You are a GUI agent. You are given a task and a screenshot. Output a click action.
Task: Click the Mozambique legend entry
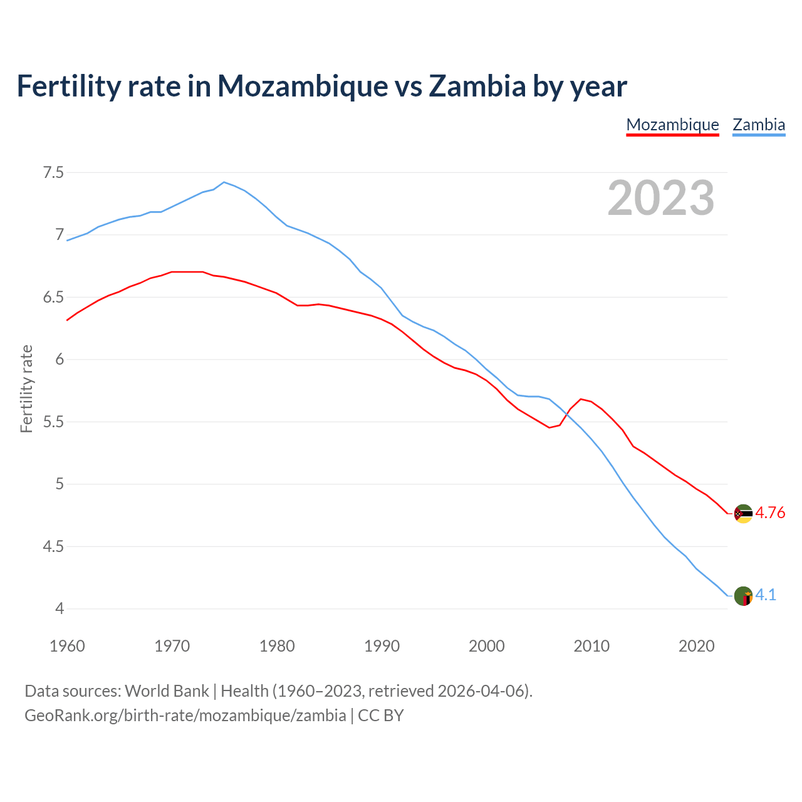(672, 125)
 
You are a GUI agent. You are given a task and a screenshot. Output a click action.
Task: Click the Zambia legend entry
(759, 125)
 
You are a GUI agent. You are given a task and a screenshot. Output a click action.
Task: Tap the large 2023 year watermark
(661, 198)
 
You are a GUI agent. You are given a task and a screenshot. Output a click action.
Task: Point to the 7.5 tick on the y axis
(53, 172)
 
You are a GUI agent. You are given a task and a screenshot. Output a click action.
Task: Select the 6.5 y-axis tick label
(53, 297)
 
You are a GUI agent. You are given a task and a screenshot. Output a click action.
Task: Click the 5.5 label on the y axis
(53, 422)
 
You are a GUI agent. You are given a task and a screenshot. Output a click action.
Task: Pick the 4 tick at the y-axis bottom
(60, 608)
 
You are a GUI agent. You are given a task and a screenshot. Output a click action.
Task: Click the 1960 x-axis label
(67, 646)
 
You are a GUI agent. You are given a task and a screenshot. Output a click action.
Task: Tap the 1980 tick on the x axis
(277, 646)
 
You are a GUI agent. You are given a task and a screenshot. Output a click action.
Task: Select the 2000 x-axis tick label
(486, 646)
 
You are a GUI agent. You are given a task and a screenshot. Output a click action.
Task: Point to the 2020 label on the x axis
(696, 646)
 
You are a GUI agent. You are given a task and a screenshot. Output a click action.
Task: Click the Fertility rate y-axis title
(26, 388)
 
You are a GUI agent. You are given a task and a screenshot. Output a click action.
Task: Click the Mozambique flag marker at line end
(743, 514)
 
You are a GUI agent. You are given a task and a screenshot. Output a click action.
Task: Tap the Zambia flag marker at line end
(743, 596)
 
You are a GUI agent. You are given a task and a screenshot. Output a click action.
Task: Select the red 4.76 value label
(770, 513)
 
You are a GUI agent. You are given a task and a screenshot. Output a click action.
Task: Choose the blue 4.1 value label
(766, 595)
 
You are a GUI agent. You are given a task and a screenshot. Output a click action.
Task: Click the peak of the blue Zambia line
(224, 182)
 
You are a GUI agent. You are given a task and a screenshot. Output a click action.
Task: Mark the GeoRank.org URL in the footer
(185, 715)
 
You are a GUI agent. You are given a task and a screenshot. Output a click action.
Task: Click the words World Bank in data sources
(167, 690)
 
